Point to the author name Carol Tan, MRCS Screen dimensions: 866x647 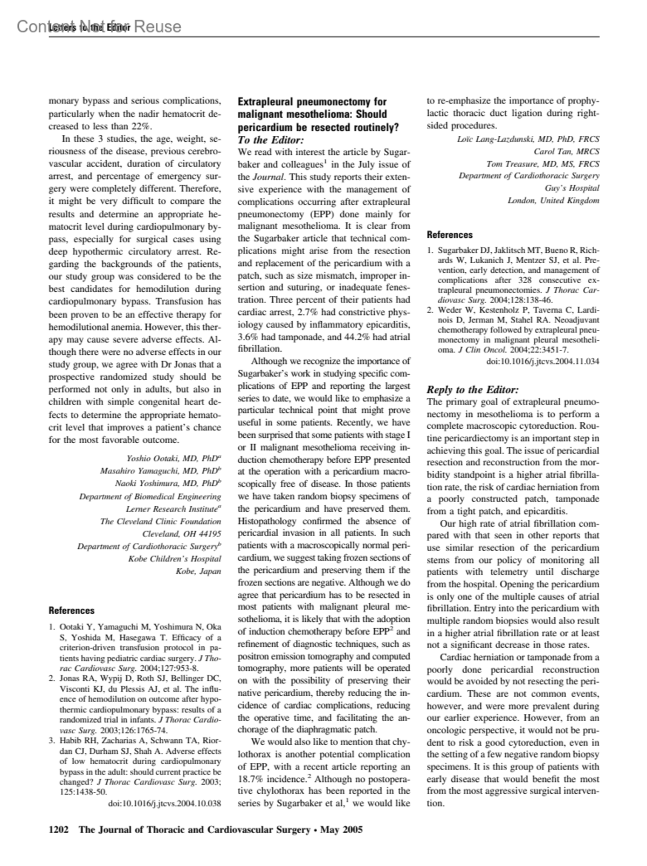point(566,152)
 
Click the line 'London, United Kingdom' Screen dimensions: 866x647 point(553,201)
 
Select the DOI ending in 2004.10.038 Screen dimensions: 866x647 point(165,803)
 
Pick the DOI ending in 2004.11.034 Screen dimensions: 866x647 point(543,361)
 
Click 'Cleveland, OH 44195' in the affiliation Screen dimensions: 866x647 point(182,534)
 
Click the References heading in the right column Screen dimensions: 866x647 point(450,235)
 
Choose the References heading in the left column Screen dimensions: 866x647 point(71,610)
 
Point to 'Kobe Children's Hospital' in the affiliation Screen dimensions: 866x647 point(175,559)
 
